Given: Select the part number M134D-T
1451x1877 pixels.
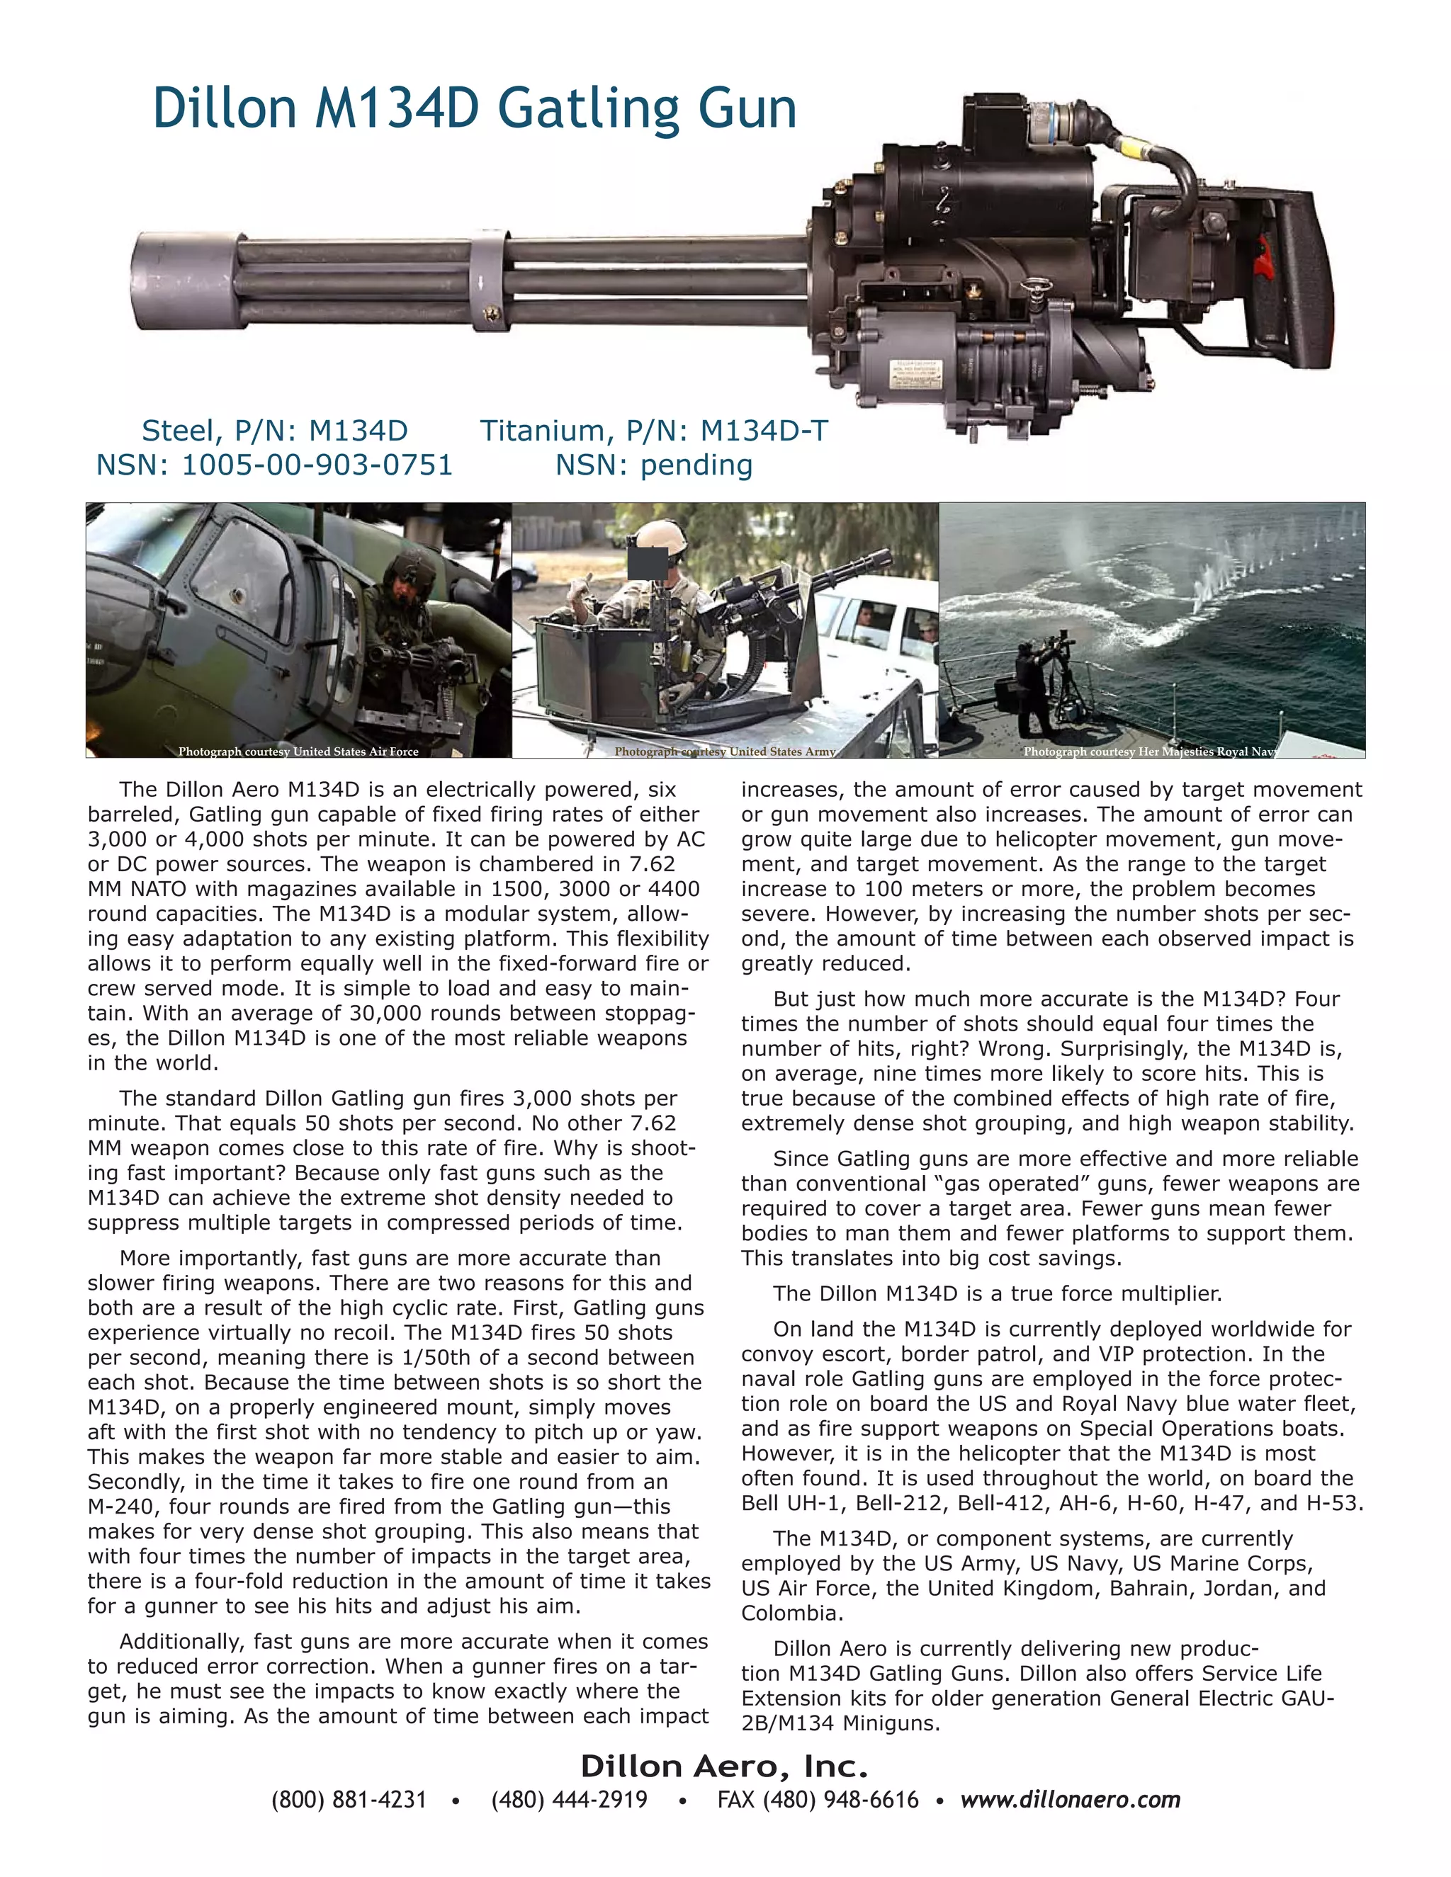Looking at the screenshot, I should (763, 431).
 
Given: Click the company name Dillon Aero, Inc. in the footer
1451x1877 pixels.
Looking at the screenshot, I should (724, 1767).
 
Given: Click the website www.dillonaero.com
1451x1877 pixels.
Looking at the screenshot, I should (1071, 1800).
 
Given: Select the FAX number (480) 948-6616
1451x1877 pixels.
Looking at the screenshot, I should (818, 1800).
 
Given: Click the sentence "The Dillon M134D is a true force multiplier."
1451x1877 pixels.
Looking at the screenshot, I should (997, 1294).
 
